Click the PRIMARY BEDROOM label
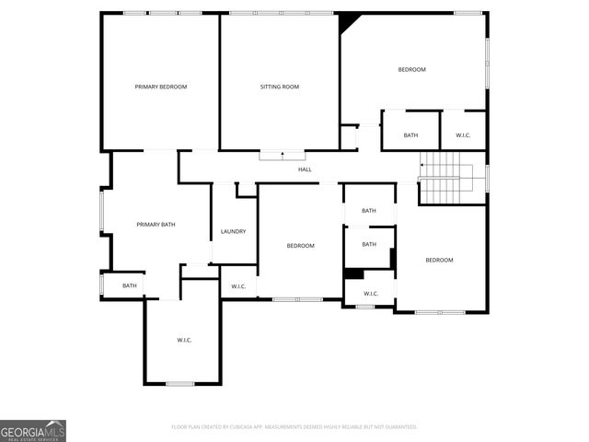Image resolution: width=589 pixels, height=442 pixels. [161, 87]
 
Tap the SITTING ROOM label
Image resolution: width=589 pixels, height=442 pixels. [279, 87]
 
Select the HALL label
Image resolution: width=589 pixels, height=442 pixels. [305, 169]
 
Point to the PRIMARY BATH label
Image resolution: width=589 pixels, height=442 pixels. [156, 225]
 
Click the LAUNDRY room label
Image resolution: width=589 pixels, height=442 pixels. [234, 231]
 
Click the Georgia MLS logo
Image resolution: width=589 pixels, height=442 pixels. [33, 430]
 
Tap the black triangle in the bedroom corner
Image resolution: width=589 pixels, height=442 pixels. [347, 21]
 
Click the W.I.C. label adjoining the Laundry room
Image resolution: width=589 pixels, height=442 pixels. [238, 286]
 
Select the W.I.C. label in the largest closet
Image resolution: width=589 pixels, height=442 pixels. [184, 340]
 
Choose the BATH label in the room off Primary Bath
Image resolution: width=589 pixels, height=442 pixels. [130, 285]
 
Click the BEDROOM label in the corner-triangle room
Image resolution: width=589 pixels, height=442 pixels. [411, 70]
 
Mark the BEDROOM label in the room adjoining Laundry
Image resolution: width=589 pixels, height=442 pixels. [301, 246]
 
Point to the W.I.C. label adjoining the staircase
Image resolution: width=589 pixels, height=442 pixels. [463, 135]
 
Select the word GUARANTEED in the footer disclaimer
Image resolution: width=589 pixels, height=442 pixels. [398, 427]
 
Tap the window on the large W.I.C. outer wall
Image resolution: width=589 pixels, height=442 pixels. [180, 383]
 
